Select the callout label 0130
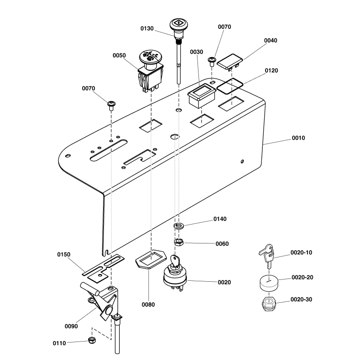pyautogui.click(x=147, y=28)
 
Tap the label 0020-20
pyautogui.click(x=301, y=277)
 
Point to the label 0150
pyautogui.click(x=64, y=255)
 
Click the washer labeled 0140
pyautogui.click(x=179, y=225)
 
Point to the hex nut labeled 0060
pyautogui.click(x=178, y=243)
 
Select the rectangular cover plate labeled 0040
pyautogui.click(x=230, y=61)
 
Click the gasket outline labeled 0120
pyautogui.click(x=230, y=85)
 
